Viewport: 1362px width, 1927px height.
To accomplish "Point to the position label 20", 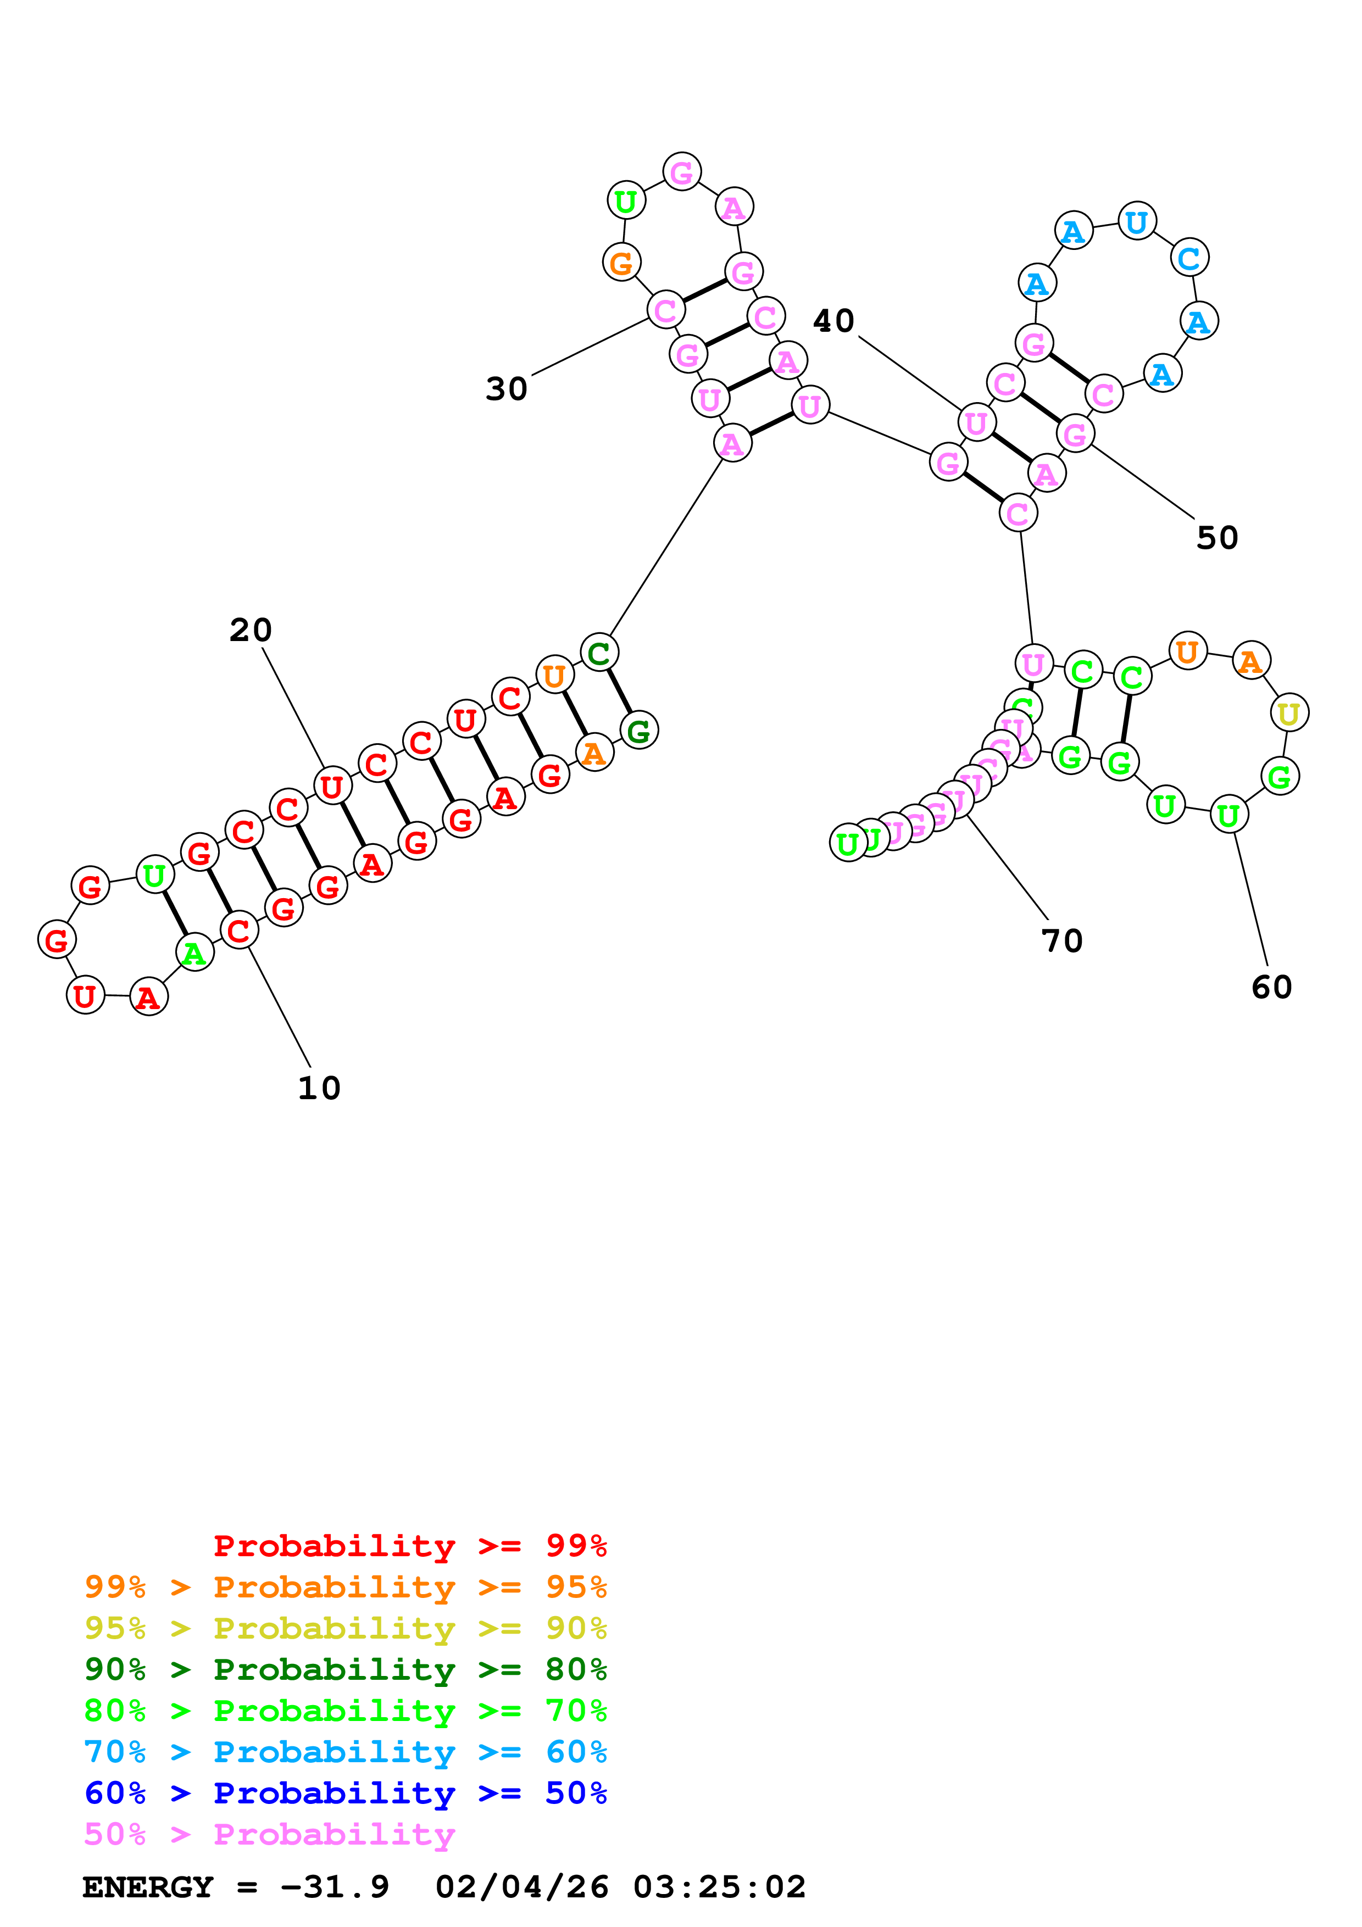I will coord(250,630).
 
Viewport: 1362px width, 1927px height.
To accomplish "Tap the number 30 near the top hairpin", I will coord(506,388).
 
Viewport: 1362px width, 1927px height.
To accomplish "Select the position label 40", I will coord(833,321).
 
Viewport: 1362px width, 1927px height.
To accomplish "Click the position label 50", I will coord(1217,538).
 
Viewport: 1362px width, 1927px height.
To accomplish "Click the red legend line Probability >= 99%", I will coord(409,1545).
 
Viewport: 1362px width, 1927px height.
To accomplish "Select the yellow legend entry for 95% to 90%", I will coord(345,1628).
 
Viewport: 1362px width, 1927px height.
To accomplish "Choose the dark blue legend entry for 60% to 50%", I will coord(345,1793).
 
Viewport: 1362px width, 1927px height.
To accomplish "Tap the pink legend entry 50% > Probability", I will coord(269,1834).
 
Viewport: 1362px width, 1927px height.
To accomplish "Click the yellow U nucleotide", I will coord(1288,714).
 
